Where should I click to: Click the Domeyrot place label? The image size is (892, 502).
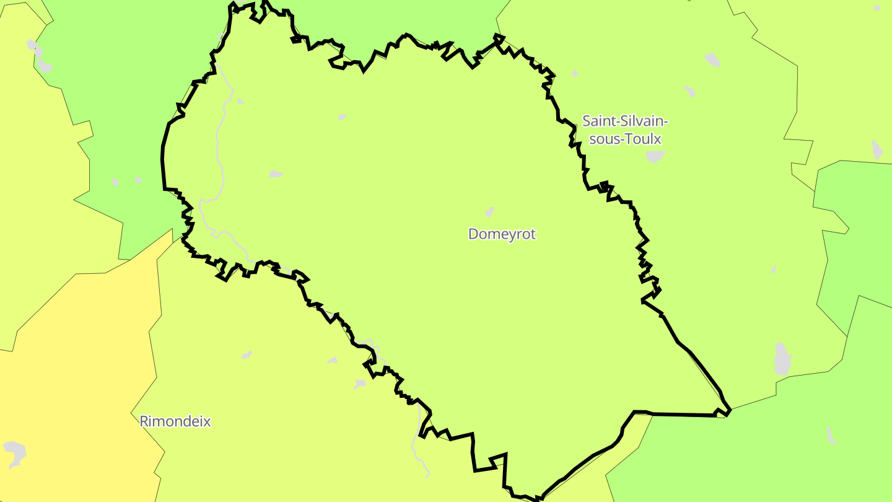point(502,234)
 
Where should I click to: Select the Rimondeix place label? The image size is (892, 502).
point(175,421)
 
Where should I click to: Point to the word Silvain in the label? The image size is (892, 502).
point(646,120)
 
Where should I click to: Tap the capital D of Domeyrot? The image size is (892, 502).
point(474,234)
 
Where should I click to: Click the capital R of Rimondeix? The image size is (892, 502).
point(144,421)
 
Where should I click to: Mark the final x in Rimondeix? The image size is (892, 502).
point(208,422)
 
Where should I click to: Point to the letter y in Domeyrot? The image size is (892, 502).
point(512,236)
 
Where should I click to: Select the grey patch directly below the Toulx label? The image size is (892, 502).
point(654,156)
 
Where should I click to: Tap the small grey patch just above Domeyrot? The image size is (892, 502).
point(490,212)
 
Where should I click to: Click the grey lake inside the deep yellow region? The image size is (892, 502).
point(15,453)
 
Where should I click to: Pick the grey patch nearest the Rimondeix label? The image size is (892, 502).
point(247,355)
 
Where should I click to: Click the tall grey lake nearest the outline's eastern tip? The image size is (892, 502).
point(783,358)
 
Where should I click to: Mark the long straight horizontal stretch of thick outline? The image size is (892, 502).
point(681,414)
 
